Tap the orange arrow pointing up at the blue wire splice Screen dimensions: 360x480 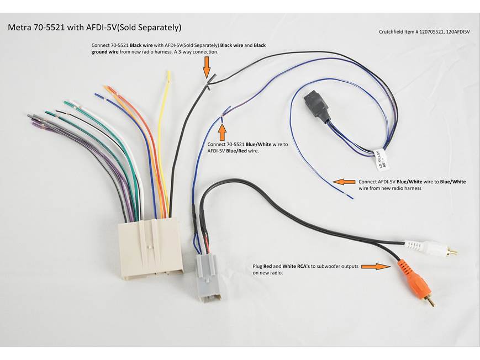pyautogui.click(x=222, y=131)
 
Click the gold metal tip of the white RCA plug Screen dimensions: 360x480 pyautogui.click(x=452, y=252)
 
